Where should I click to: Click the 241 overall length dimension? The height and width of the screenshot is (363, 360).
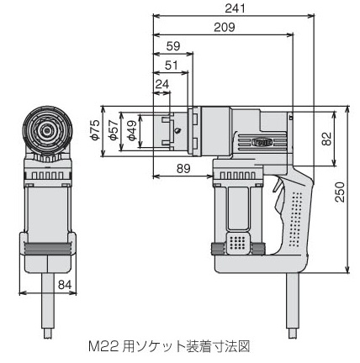235,8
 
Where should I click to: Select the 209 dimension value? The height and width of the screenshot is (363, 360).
225,28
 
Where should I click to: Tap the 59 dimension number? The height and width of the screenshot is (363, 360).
173,46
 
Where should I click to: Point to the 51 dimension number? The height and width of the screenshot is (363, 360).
172,66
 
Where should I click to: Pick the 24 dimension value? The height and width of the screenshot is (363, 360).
162,84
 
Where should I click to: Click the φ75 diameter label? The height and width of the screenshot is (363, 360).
96,130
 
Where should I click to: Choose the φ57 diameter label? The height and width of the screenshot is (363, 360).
114,130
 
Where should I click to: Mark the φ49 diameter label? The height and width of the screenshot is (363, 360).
132,130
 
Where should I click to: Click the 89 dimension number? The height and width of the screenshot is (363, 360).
183,169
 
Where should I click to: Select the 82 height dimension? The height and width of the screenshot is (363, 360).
326,139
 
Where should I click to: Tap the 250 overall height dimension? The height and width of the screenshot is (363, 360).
340,192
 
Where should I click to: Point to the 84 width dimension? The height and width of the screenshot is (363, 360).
65,285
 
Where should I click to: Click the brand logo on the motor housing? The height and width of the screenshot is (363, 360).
262,142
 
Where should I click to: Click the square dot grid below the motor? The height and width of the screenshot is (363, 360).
238,243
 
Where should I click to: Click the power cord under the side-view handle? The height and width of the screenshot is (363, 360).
293,305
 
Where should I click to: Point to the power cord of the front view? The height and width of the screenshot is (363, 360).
48,305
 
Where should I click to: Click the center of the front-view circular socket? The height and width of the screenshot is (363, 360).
47,130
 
